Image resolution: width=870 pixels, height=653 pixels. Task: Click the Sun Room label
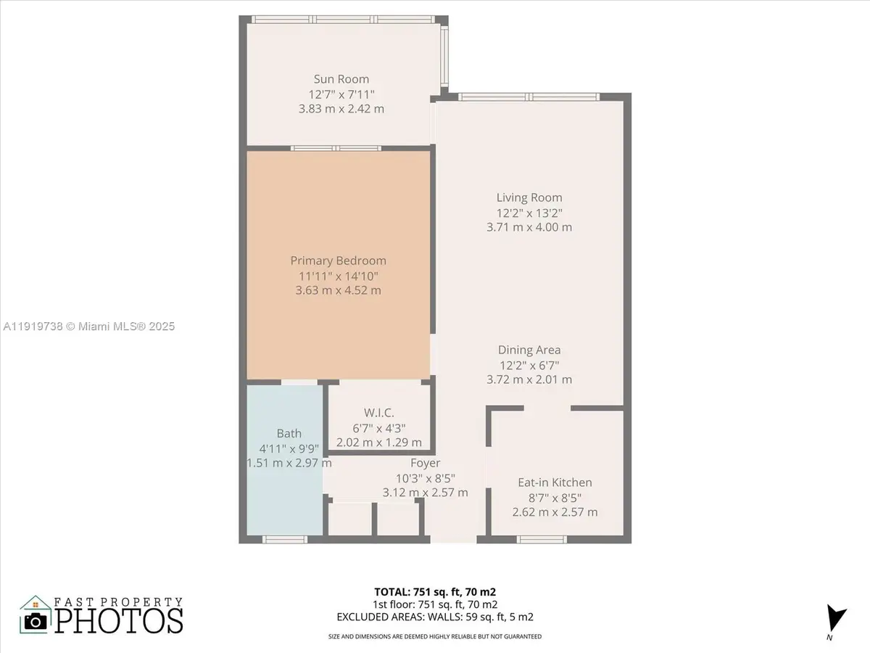pos(341,79)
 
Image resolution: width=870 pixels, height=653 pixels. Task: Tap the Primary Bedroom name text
pos(338,260)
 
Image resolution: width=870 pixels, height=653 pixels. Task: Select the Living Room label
pos(529,197)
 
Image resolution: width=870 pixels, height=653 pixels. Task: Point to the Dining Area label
pos(529,350)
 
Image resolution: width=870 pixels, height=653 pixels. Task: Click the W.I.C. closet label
pos(378,413)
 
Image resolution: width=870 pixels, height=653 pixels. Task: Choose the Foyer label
pos(425,463)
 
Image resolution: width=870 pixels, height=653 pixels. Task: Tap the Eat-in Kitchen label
pos(555,482)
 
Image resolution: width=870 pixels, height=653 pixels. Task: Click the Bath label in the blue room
pos(289,434)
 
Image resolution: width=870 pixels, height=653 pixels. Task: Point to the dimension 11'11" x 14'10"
pos(338,276)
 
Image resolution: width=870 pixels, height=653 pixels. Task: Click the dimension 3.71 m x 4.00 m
pos(529,227)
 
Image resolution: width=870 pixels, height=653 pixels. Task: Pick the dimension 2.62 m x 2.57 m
pos(555,512)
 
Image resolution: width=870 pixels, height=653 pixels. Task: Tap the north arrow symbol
pos(837,619)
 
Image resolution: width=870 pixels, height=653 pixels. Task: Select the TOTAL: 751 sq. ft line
pos(434,591)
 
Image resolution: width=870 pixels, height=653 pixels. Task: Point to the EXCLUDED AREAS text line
pos(435,617)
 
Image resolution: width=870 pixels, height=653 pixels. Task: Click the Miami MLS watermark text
pos(88,326)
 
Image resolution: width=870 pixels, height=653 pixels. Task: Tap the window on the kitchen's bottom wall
pos(542,539)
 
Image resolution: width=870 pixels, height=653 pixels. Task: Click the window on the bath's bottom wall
pos(283,539)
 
